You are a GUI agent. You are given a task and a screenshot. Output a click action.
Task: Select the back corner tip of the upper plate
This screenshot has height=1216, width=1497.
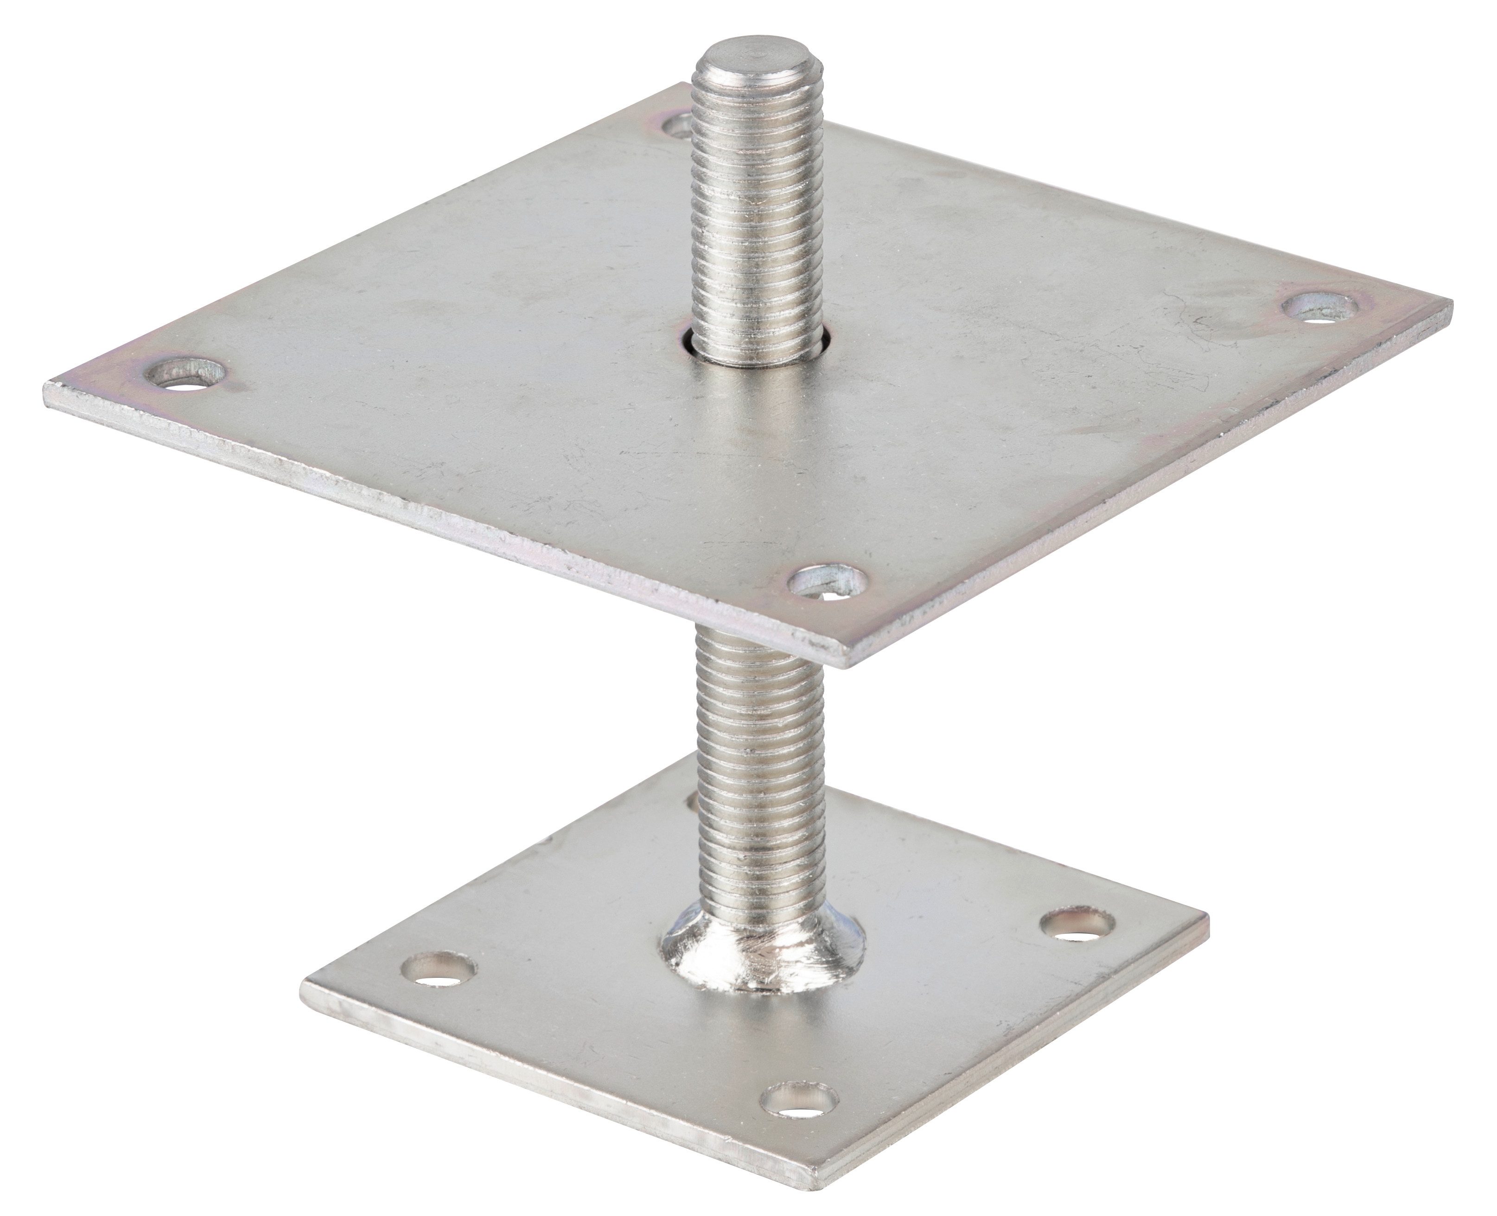[683, 84]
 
